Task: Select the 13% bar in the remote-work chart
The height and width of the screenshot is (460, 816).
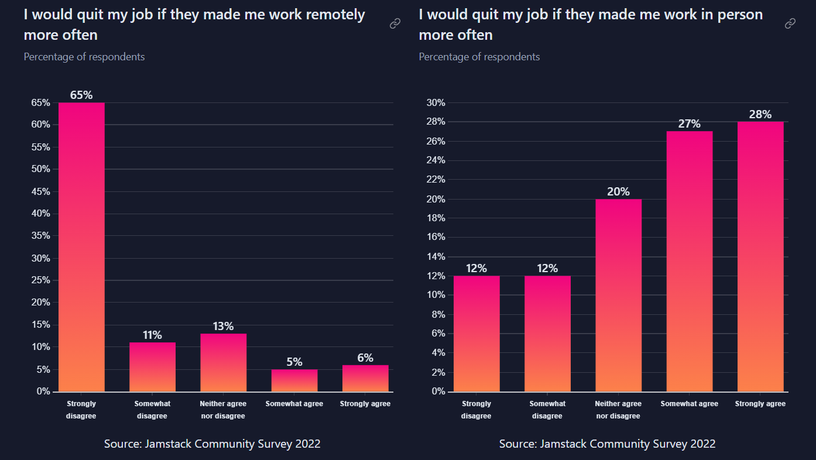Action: click(x=223, y=362)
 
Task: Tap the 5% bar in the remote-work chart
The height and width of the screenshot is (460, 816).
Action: click(x=294, y=380)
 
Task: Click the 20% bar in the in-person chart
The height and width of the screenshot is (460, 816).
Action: click(x=618, y=295)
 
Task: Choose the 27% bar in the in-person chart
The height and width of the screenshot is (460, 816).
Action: click(x=689, y=261)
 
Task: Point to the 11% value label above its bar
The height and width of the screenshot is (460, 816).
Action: click(x=152, y=335)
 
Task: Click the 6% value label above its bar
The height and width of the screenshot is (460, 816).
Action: click(x=365, y=358)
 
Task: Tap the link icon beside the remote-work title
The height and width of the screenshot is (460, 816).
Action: click(x=395, y=23)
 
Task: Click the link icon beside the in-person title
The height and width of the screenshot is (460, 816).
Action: click(x=790, y=23)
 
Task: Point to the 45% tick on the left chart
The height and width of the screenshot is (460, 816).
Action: click(x=40, y=191)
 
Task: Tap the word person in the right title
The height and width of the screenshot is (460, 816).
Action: click(x=742, y=15)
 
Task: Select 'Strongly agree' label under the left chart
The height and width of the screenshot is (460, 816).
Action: click(x=365, y=404)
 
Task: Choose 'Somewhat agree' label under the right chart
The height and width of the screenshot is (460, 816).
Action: click(x=689, y=404)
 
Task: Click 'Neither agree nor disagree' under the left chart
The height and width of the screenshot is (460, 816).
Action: click(x=223, y=410)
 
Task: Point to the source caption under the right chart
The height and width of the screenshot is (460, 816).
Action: click(x=607, y=444)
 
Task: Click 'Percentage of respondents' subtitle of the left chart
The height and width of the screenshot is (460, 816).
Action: click(x=84, y=57)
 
